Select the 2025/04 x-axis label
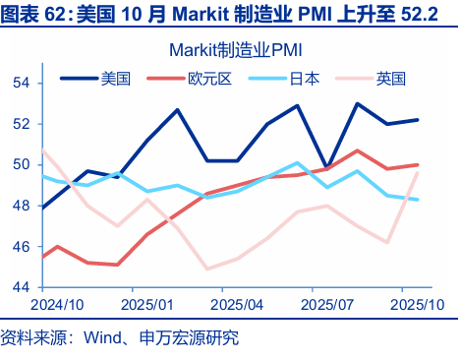click(x=242, y=305)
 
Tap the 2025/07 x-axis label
click(x=330, y=305)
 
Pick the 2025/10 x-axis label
click(x=416, y=305)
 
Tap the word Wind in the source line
click(x=105, y=339)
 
